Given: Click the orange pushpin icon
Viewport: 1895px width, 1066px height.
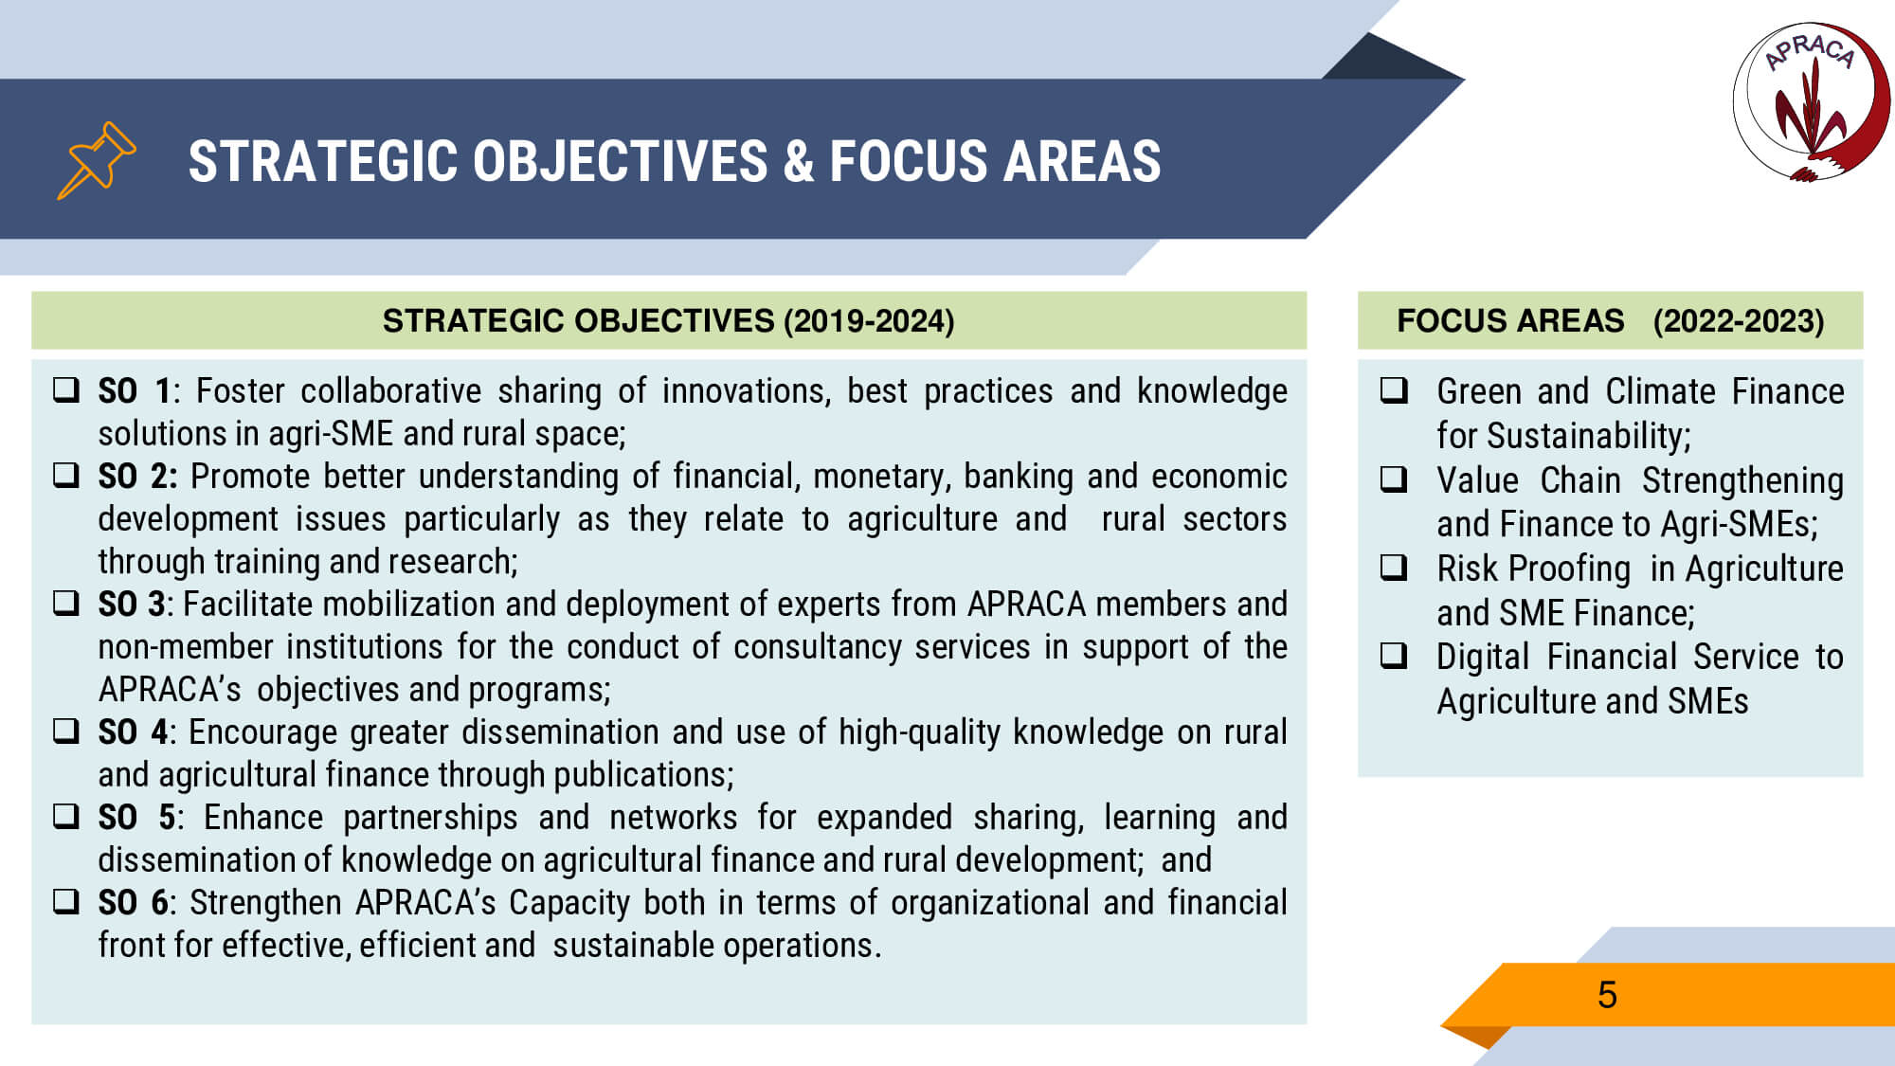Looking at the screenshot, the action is (97, 160).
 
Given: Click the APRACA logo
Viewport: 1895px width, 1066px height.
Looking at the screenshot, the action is (1811, 101).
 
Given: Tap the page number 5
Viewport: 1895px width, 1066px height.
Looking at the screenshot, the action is (1607, 995).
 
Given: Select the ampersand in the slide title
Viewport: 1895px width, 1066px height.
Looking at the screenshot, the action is (799, 161).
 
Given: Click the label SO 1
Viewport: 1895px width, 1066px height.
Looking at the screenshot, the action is (135, 391).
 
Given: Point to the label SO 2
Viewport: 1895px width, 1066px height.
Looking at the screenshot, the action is (137, 477).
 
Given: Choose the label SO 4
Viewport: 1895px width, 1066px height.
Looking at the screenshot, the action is (134, 732).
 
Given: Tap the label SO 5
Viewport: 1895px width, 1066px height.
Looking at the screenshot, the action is (137, 818).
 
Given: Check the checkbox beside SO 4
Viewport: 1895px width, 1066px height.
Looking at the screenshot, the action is (66, 731).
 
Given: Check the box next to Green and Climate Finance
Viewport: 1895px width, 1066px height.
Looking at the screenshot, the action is (1394, 389).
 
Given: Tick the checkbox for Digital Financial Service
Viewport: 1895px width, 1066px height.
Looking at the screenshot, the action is (1394, 655).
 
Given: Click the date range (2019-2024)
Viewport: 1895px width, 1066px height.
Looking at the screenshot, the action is (869, 321).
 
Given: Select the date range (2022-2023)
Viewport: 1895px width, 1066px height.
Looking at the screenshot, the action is (1739, 321).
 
